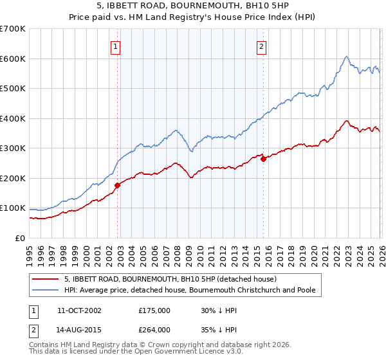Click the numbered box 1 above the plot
click(x=115, y=46)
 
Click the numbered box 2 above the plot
click(x=262, y=46)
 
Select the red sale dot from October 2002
click(x=117, y=185)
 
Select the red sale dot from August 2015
click(x=263, y=159)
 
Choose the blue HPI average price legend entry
click(x=190, y=290)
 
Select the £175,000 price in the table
click(x=154, y=310)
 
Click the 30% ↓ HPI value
click(x=219, y=310)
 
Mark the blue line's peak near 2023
click(x=346, y=57)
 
